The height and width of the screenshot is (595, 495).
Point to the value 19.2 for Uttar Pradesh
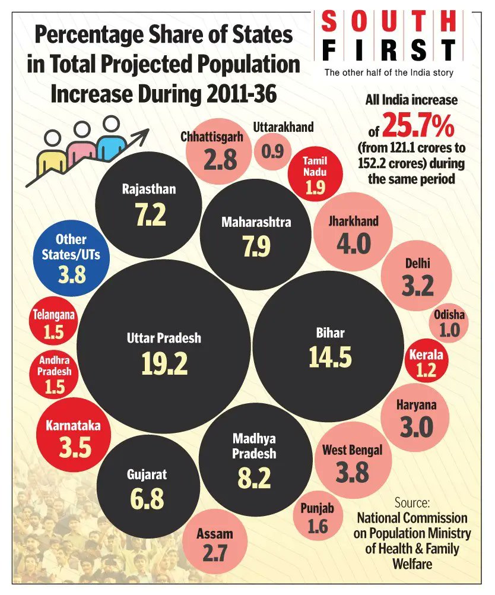tap(164, 363)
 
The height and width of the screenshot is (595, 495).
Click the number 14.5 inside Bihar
tap(330, 356)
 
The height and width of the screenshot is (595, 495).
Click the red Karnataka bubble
tap(75, 438)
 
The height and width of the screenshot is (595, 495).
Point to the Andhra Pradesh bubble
tap(55, 375)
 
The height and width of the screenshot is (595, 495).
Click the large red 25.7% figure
tap(418, 125)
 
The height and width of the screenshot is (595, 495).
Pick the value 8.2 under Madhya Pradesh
tap(254, 477)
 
